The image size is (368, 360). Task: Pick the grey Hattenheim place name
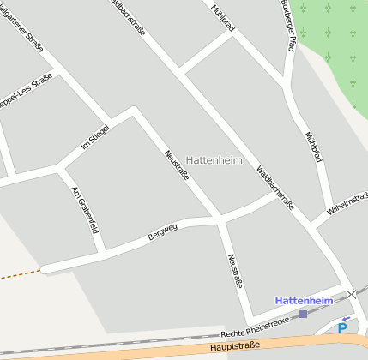(214, 160)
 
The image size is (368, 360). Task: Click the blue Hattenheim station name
(303, 300)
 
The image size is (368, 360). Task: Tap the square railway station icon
(303, 314)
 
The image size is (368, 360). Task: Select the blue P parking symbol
(342, 327)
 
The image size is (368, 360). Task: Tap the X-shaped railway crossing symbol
(352, 295)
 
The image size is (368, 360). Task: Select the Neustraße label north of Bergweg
(176, 164)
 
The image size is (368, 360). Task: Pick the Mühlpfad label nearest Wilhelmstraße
(314, 147)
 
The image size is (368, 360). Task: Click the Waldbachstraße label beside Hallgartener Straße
(131, 19)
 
